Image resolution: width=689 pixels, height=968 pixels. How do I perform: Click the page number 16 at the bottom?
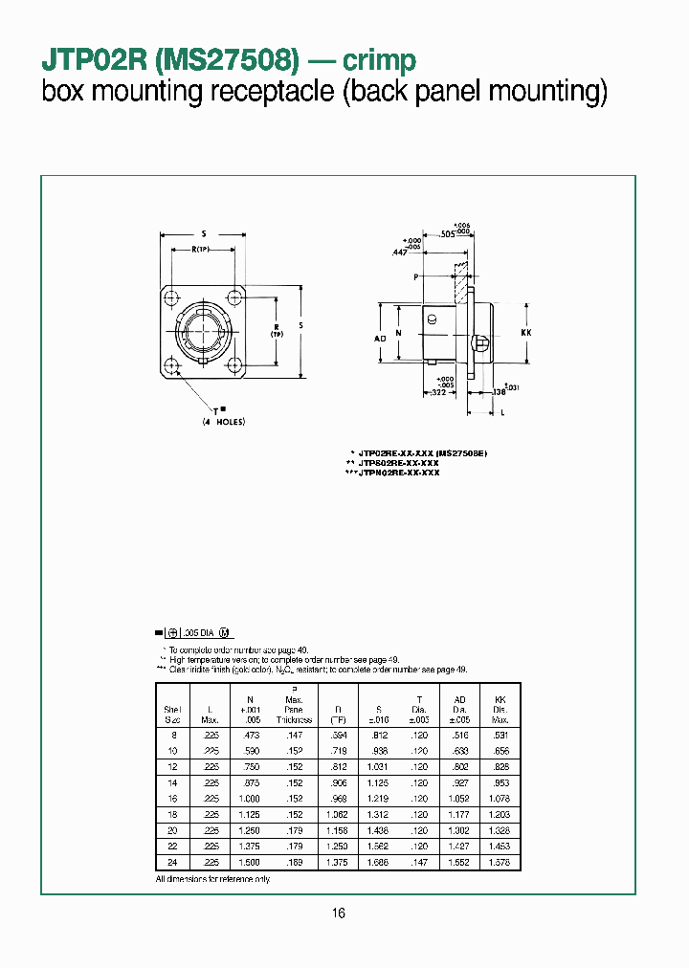pyautogui.click(x=339, y=913)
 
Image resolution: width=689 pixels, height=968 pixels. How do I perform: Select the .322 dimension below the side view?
pyautogui.click(x=435, y=393)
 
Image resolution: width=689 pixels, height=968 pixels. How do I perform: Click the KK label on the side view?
pyautogui.click(x=525, y=332)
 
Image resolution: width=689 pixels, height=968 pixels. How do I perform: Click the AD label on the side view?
pyautogui.click(x=380, y=339)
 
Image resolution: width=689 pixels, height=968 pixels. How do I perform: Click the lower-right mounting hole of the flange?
pyautogui.click(x=234, y=364)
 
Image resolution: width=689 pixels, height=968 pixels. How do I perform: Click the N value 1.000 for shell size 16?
pyautogui.click(x=248, y=798)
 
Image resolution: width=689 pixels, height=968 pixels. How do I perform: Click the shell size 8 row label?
pyautogui.click(x=173, y=733)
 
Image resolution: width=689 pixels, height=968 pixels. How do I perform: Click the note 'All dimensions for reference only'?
pyautogui.click(x=212, y=878)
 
